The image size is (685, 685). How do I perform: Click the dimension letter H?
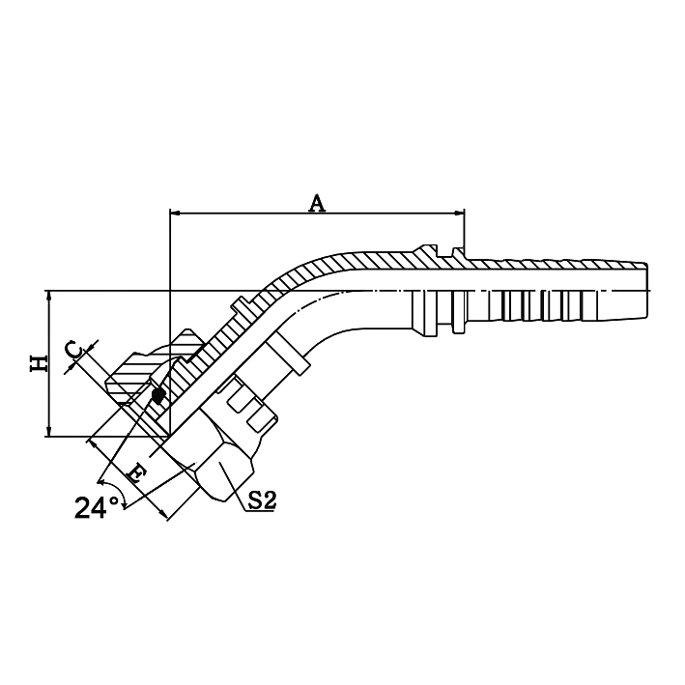(x=38, y=363)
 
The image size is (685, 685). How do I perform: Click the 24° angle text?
(x=97, y=506)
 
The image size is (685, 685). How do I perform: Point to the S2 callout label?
(x=261, y=499)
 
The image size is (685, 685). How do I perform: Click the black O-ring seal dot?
(x=157, y=395)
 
